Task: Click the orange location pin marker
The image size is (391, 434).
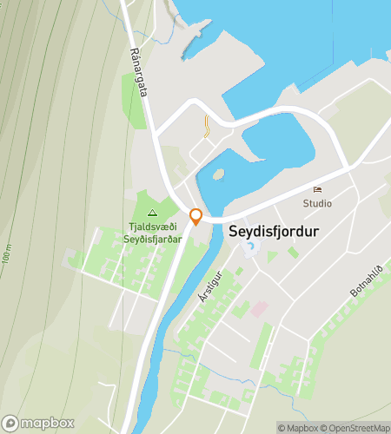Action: pyautogui.click(x=196, y=217)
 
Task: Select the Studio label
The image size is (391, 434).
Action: pyautogui.click(x=317, y=203)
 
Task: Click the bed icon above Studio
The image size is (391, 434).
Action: pyautogui.click(x=317, y=190)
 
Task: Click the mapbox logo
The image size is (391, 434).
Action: pyautogui.click(x=39, y=423)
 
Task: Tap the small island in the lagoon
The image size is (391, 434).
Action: pyautogui.click(x=219, y=174)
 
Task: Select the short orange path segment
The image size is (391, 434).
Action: pyautogui.click(x=206, y=128)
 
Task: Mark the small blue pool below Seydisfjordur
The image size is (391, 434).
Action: pyautogui.click(x=250, y=250)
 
